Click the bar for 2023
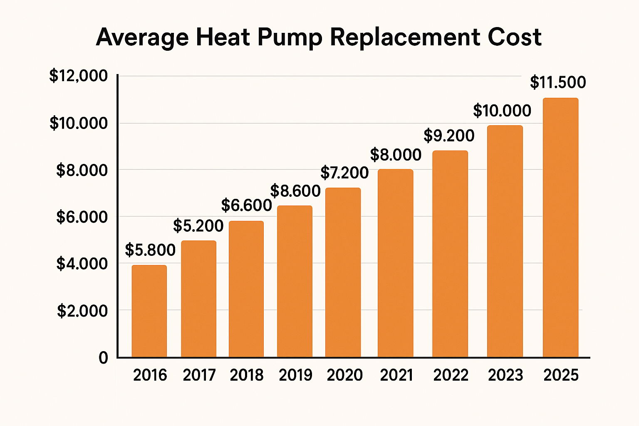505,241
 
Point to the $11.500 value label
558,82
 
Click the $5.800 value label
150,250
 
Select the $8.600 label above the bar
295,191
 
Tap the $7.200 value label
344,172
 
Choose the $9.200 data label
449,136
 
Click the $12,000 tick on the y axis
79,76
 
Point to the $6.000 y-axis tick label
82,217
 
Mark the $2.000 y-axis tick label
82,311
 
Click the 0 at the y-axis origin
103,358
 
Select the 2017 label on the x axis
199,375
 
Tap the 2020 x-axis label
344,375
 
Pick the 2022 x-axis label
451,375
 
